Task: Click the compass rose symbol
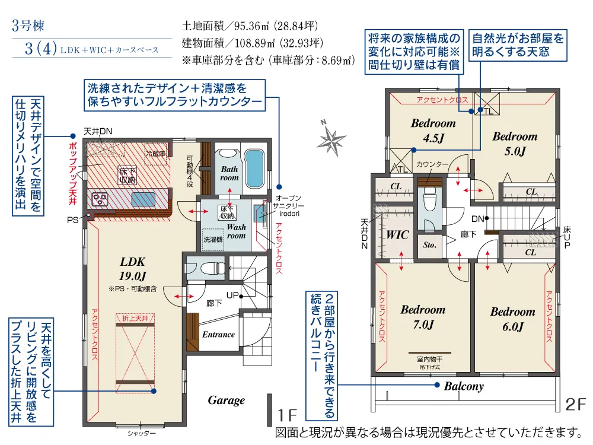331,138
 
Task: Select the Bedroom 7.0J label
423,317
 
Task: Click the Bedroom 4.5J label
433,131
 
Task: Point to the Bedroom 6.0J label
512,319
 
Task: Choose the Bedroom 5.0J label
515,143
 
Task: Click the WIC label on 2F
397,235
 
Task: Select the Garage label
226,401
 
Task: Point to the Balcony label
464,386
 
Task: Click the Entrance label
218,335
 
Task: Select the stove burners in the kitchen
98,198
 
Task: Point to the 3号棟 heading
28,26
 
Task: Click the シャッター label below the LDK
142,434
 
